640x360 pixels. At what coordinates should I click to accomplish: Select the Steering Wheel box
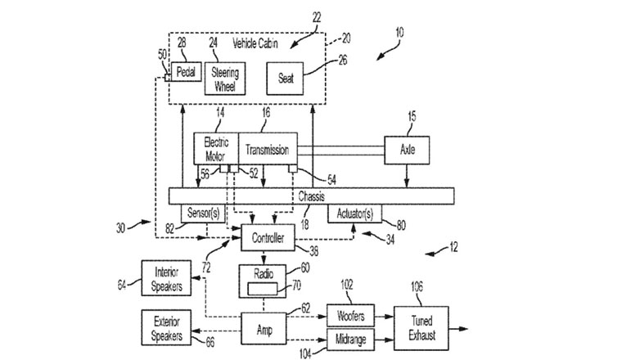223,77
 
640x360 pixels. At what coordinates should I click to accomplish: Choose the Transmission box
267,150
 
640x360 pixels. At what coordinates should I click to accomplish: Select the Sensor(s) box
202,213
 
